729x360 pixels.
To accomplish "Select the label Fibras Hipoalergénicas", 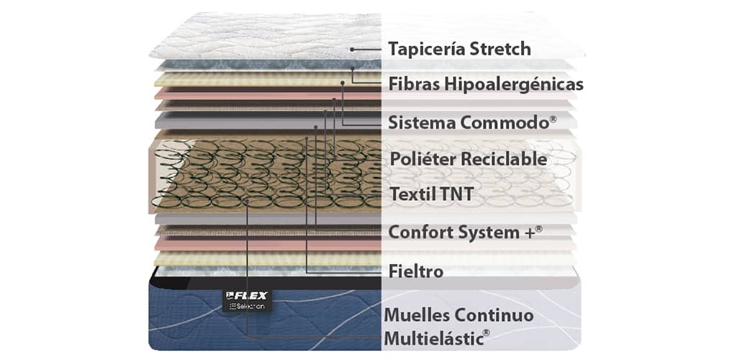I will coord(486,84).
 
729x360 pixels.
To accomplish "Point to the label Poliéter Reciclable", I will coord(468,158).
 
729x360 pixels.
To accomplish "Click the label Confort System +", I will coord(465,232).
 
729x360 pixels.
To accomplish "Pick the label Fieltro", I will coord(416,271).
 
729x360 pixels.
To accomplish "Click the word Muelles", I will coord(419,315).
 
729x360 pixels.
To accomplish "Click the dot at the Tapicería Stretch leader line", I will coord(353,49).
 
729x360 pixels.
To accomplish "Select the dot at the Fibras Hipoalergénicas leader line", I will coord(353,68).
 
